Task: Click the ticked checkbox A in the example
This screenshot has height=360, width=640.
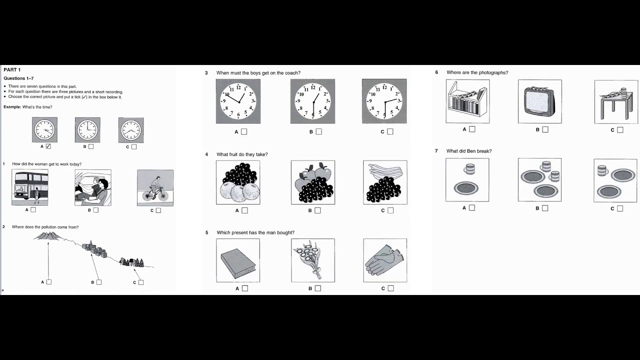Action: click(x=48, y=146)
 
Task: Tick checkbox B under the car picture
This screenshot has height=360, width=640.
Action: click(x=96, y=210)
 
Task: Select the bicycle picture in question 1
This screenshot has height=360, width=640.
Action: click(x=155, y=187)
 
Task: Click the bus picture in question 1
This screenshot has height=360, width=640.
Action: click(x=30, y=187)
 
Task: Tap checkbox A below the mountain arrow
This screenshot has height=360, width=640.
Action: click(x=49, y=282)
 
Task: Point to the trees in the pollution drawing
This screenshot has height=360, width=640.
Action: click(x=133, y=262)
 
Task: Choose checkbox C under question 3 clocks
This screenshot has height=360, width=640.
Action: click(x=390, y=132)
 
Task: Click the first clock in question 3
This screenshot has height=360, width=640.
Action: click(x=238, y=101)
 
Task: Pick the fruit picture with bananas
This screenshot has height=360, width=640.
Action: click(x=385, y=182)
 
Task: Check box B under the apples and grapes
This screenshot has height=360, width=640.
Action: click(x=317, y=210)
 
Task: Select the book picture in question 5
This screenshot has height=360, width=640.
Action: click(x=238, y=260)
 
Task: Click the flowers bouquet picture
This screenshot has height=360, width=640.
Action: click(x=313, y=260)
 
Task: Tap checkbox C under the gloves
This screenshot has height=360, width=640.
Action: click(x=391, y=288)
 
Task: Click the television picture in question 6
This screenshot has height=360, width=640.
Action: click(x=540, y=101)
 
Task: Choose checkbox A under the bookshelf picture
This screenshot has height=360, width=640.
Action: click(x=472, y=129)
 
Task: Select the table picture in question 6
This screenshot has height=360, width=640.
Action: click(x=616, y=102)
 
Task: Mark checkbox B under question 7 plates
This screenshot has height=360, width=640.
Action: click(x=545, y=208)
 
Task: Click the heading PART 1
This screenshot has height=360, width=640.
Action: click(x=12, y=70)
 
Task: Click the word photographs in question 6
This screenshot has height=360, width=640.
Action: click(x=493, y=72)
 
